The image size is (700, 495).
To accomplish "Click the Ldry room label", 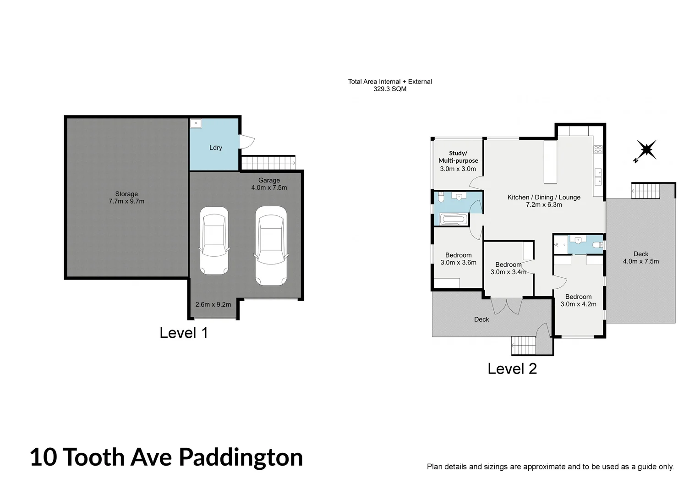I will [x=215, y=148].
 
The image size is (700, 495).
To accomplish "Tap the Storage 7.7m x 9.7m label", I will [x=126, y=198].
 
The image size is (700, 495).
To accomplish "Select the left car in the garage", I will [x=214, y=241].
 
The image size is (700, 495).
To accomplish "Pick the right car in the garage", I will [x=271, y=245].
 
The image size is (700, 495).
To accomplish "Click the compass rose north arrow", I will [x=645, y=150].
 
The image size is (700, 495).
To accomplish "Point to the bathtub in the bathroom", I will [x=454, y=220].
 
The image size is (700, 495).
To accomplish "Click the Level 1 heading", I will [x=184, y=333].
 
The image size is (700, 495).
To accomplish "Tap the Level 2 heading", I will [x=512, y=368].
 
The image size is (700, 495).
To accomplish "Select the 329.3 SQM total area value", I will [x=390, y=89].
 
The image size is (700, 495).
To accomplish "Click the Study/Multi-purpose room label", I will [x=458, y=157].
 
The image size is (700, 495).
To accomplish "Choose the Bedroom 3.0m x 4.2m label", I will [x=578, y=300].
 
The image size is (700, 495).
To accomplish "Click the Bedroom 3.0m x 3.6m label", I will [x=458, y=259].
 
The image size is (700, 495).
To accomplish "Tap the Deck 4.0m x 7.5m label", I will [x=640, y=258].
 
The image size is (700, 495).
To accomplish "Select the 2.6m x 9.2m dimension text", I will [x=213, y=304].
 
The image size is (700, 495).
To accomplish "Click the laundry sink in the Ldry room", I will [x=196, y=123].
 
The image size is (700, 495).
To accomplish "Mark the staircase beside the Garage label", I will [x=268, y=163].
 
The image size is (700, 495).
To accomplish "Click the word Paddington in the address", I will [x=241, y=457].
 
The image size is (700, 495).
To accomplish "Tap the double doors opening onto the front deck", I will [x=506, y=305].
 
